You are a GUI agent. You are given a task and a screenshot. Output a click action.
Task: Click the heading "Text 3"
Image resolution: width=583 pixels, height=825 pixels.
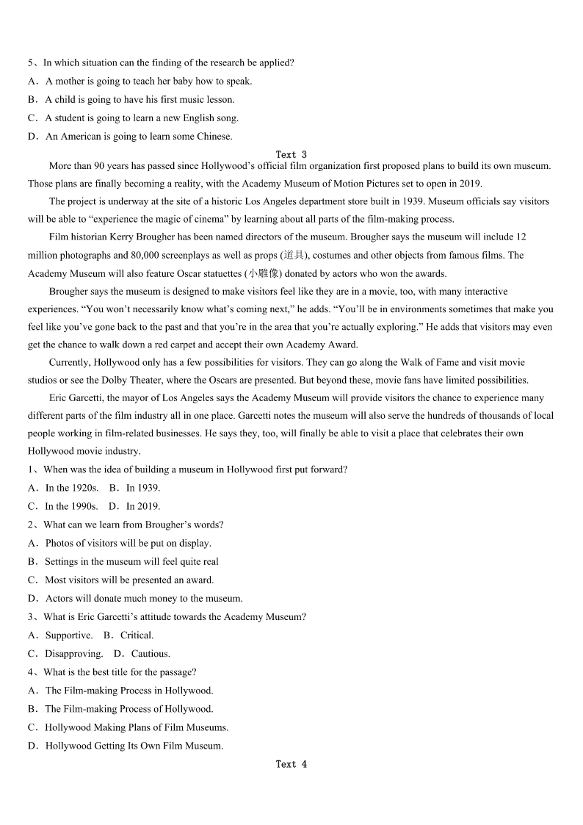(291, 154)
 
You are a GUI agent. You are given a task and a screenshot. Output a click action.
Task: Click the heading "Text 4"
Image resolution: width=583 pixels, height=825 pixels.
(291, 764)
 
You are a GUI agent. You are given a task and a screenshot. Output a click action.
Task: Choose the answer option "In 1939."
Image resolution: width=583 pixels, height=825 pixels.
(142, 488)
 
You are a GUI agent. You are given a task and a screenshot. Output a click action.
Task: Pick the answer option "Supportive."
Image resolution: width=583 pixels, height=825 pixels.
(69, 635)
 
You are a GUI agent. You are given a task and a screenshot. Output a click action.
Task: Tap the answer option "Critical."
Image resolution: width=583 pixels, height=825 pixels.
(137, 635)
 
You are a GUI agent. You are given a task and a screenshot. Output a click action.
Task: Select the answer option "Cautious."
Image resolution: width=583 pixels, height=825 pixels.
(151, 654)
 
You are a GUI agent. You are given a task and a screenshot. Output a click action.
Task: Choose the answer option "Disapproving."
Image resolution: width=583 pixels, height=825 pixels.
(73, 654)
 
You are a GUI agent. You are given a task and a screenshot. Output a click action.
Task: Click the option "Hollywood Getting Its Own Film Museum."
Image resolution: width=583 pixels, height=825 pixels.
(134, 746)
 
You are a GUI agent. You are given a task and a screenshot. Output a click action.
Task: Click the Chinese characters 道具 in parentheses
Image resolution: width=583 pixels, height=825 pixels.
(294, 255)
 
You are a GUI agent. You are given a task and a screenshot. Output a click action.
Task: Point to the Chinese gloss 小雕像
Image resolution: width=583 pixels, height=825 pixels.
(264, 273)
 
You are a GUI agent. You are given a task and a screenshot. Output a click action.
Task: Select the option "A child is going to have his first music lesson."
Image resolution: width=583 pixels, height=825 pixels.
(140, 99)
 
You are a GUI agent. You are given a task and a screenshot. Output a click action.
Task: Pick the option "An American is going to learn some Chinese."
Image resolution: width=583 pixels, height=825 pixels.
(139, 136)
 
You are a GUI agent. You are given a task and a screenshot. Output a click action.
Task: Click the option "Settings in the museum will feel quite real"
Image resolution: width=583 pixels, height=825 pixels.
(131, 561)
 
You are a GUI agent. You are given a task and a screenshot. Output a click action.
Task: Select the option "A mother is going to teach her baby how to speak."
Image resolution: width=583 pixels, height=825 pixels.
(148, 81)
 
